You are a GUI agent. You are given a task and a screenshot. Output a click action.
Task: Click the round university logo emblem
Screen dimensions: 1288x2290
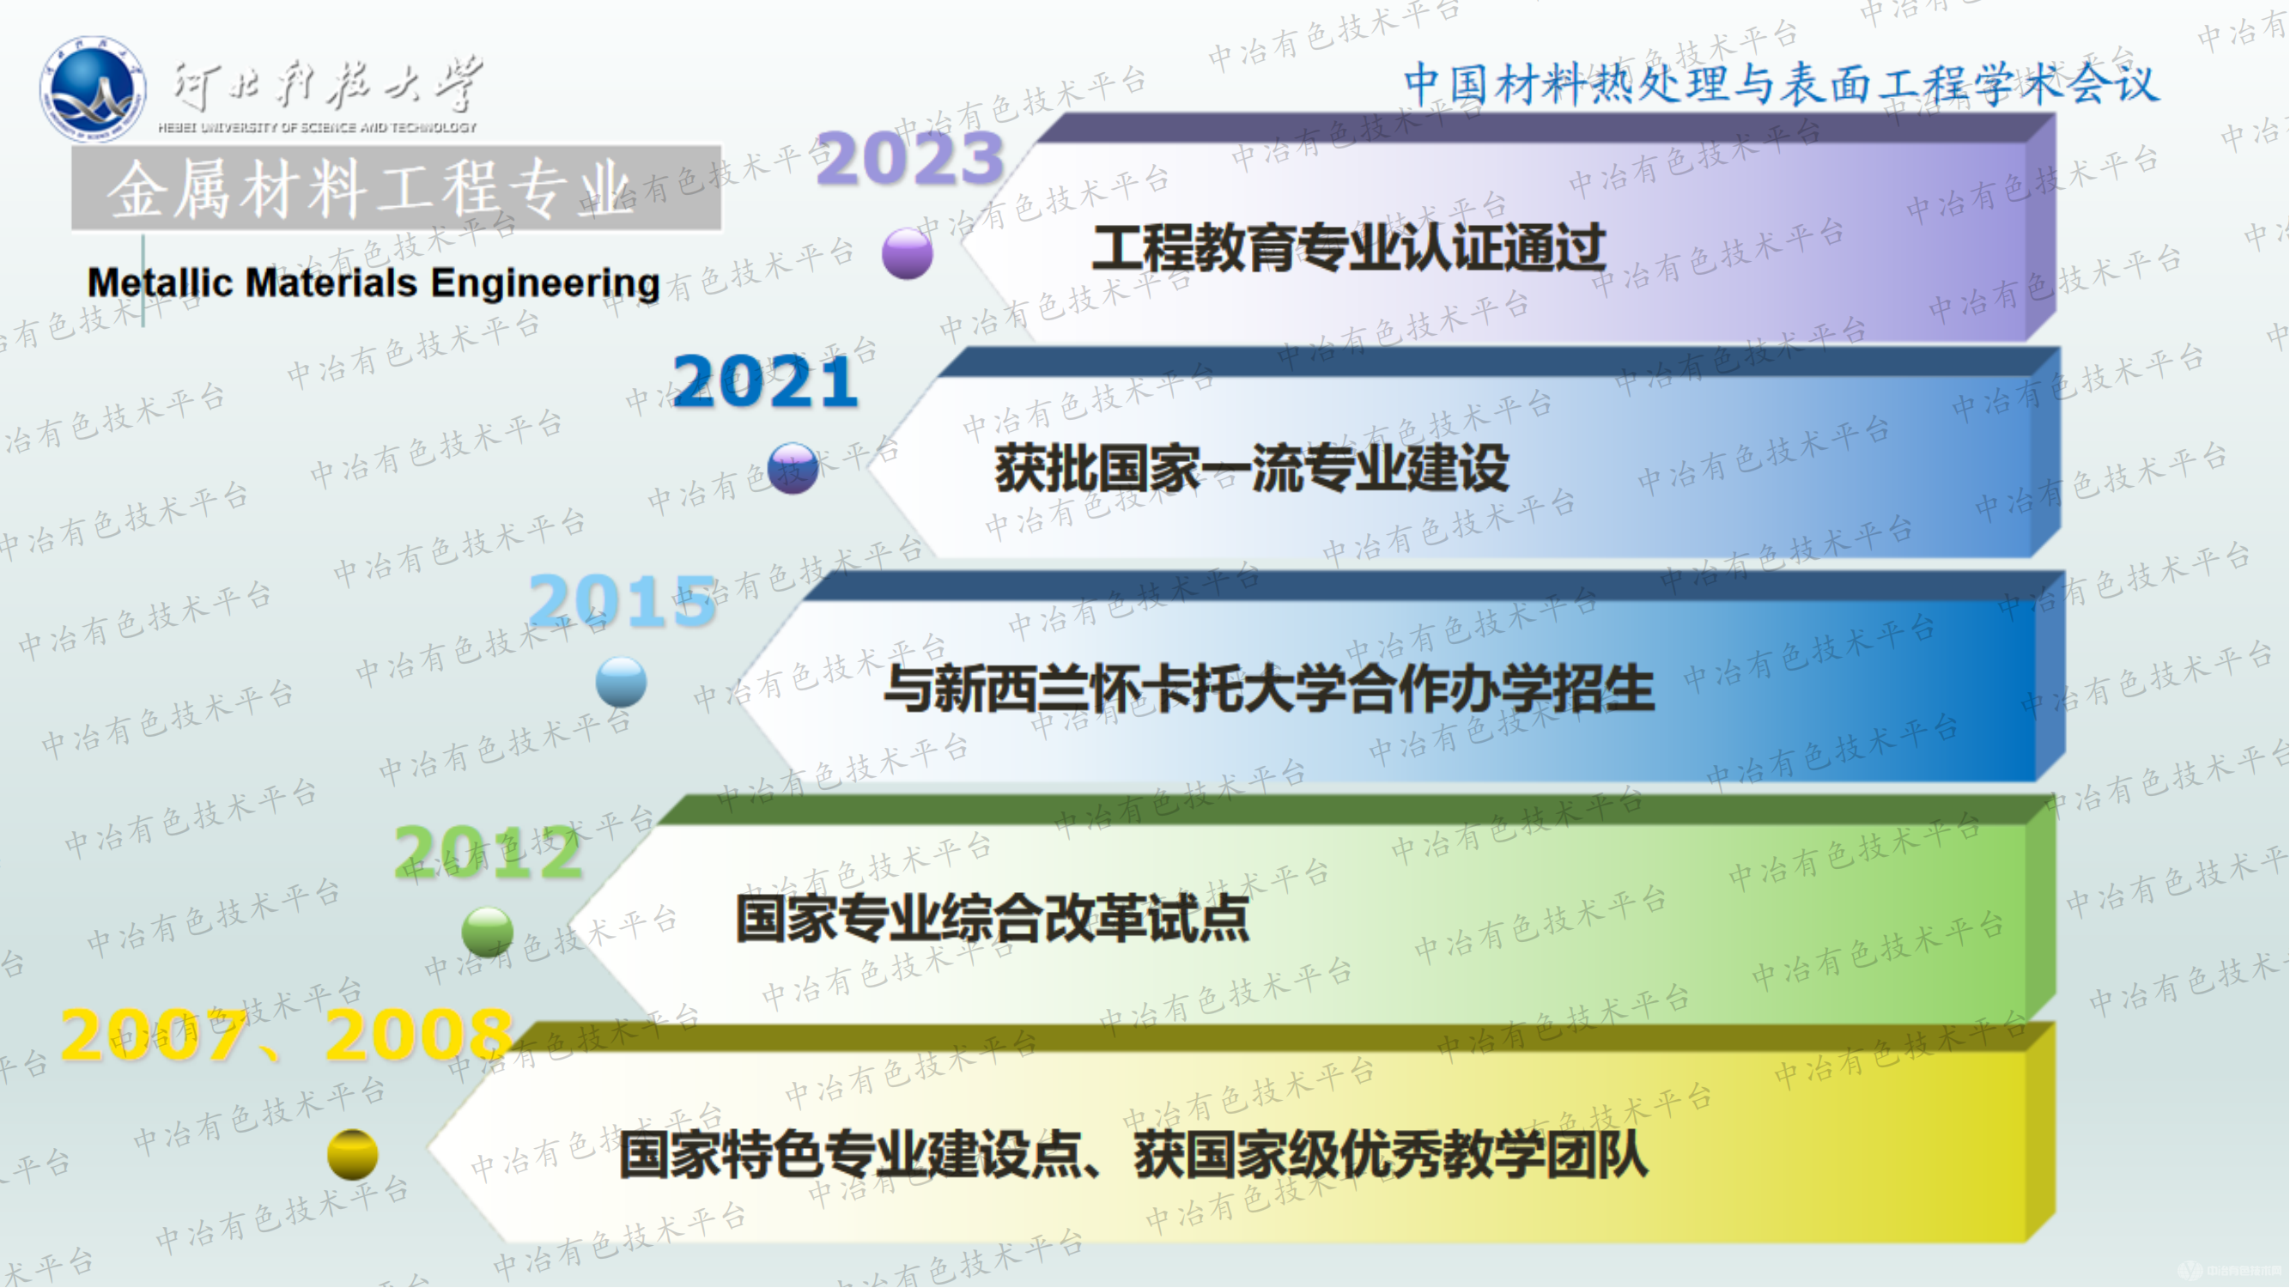(x=93, y=89)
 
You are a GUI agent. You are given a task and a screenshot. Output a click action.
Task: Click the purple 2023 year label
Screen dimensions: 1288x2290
(x=909, y=159)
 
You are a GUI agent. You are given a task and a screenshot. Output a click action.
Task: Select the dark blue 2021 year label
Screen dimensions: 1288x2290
(x=765, y=382)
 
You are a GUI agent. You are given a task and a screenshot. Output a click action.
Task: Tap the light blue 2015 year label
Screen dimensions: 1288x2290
(x=623, y=601)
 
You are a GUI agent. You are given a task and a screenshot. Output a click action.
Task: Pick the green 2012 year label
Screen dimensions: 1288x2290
(x=488, y=853)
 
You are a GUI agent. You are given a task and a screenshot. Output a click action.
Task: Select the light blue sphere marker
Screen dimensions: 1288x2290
(x=622, y=682)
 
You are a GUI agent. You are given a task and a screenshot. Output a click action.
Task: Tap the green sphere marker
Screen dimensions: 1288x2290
(x=487, y=932)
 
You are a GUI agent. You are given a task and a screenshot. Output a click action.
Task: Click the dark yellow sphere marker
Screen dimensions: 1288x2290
(x=353, y=1154)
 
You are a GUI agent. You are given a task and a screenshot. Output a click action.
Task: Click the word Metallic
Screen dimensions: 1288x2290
(x=160, y=283)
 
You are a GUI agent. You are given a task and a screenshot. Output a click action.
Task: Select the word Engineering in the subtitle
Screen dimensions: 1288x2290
(x=545, y=283)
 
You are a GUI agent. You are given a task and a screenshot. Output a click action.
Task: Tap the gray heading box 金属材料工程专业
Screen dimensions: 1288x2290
(x=397, y=188)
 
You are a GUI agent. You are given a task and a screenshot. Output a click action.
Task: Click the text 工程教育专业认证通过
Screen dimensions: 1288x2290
(x=1348, y=248)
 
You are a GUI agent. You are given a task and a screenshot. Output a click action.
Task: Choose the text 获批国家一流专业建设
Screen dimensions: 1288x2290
(x=1252, y=469)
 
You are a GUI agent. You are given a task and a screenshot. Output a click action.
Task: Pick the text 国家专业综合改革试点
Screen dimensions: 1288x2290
(x=992, y=918)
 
